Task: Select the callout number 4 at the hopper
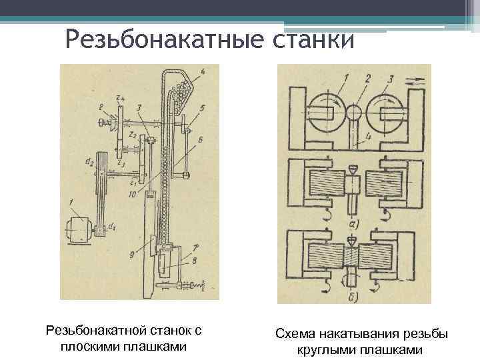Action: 202,71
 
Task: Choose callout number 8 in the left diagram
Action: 195,262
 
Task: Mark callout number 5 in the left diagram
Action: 203,107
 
